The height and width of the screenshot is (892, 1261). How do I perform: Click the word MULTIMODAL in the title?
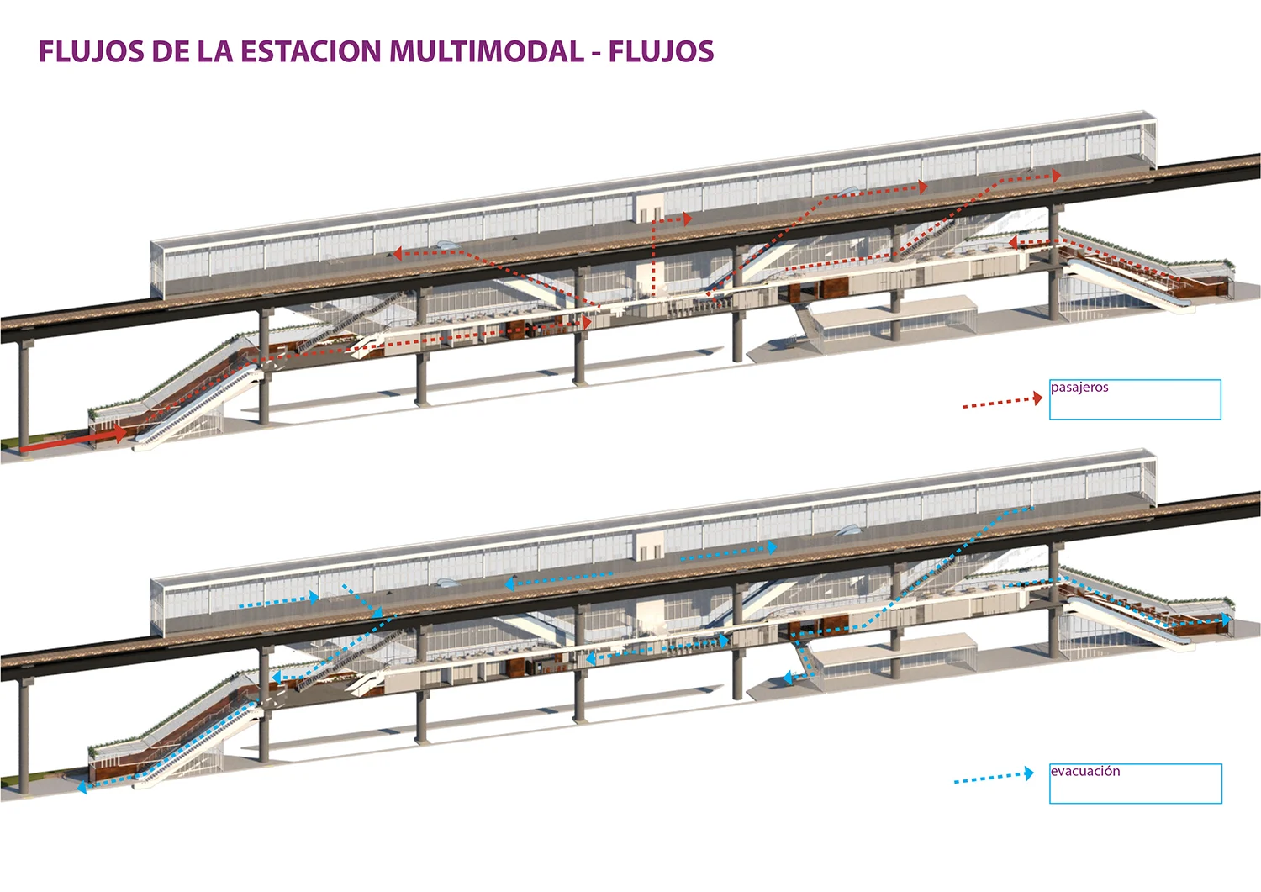[487, 51]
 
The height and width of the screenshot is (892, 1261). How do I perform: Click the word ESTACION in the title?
[311, 51]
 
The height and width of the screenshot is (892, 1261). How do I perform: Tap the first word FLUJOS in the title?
[92, 51]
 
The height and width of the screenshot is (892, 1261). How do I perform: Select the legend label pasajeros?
[1079, 388]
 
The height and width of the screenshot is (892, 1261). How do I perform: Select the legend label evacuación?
[1085, 771]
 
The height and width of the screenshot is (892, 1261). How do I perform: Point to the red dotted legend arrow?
[1002, 402]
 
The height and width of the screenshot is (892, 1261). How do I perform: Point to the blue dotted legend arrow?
[994, 777]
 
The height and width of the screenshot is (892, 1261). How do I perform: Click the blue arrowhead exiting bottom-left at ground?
[82, 788]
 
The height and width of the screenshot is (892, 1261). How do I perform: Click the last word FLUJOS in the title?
[661, 51]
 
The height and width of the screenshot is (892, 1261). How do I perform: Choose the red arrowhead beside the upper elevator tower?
[687, 219]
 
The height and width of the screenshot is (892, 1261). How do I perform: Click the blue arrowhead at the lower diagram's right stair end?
[1227, 620]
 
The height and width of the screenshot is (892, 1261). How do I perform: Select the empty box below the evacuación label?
[1135, 790]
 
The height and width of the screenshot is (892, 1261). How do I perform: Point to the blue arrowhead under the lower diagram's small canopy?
[788, 677]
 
